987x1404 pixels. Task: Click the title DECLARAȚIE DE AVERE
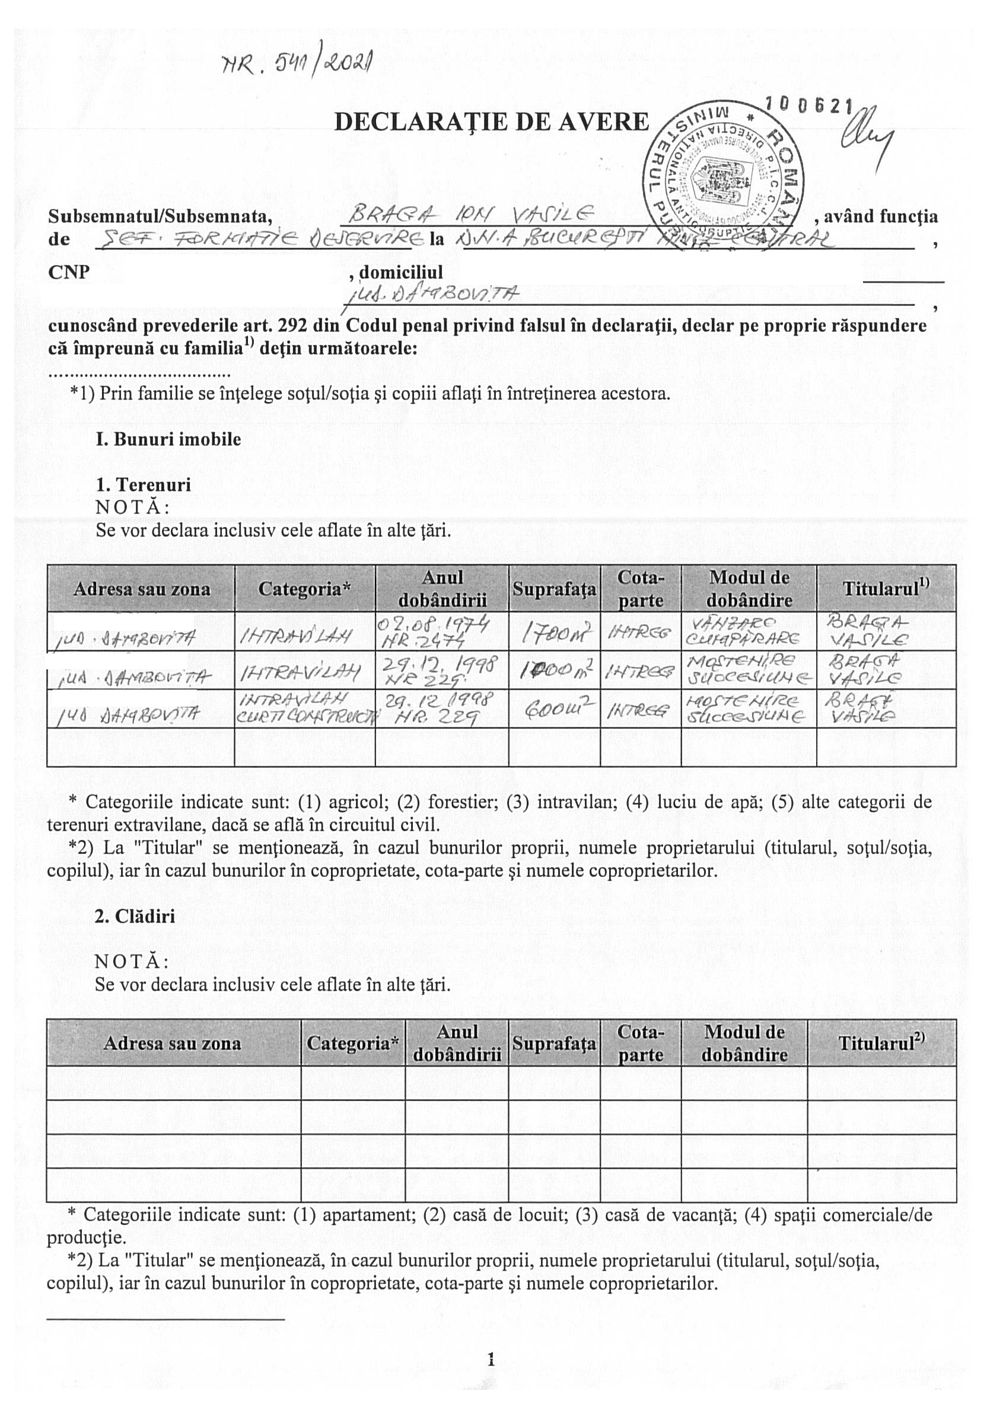[x=491, y=122]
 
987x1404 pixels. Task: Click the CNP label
[x=69, y=272]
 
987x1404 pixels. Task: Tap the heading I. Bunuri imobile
[x=168, y=439]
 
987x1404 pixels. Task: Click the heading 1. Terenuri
[x=142, y=485]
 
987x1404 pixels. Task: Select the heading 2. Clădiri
[x=135, y=916]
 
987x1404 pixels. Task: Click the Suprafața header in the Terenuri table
[x=553, y=588]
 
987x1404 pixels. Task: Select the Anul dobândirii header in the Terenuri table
[x=441, y=588]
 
